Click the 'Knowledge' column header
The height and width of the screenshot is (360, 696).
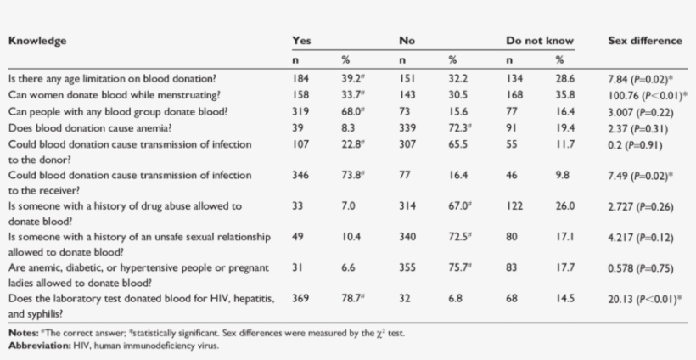click(37, 40)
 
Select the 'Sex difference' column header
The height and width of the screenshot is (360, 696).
click(644, 40)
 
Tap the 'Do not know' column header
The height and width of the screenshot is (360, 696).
click(540, 40)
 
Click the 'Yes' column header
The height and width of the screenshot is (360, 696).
click(301, 40)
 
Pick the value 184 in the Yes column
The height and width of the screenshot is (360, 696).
click(300, 79)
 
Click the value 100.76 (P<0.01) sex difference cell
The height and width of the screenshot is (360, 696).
click(648, 95)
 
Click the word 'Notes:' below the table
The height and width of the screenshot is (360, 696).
click(23, 333)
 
